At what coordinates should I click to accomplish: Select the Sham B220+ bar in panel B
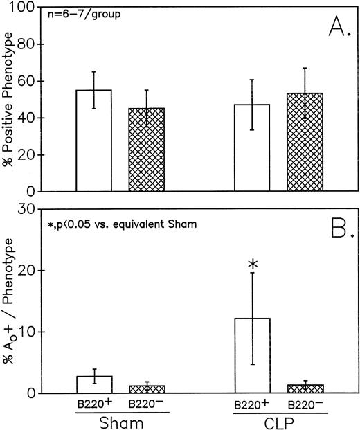pyautogui.click(x=93, y=385)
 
